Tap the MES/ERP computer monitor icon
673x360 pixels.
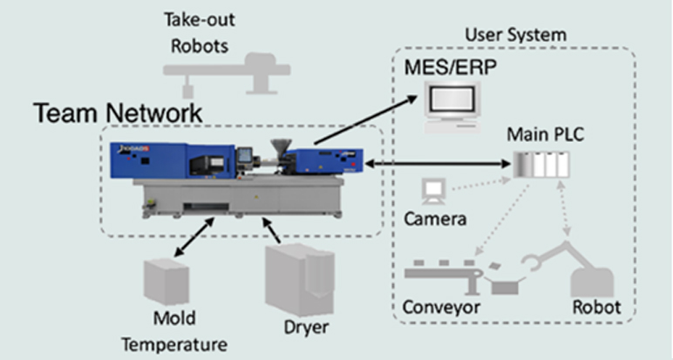(452, 102)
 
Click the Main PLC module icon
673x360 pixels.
(538, 165)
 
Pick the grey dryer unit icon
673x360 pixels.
(288, 278)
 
